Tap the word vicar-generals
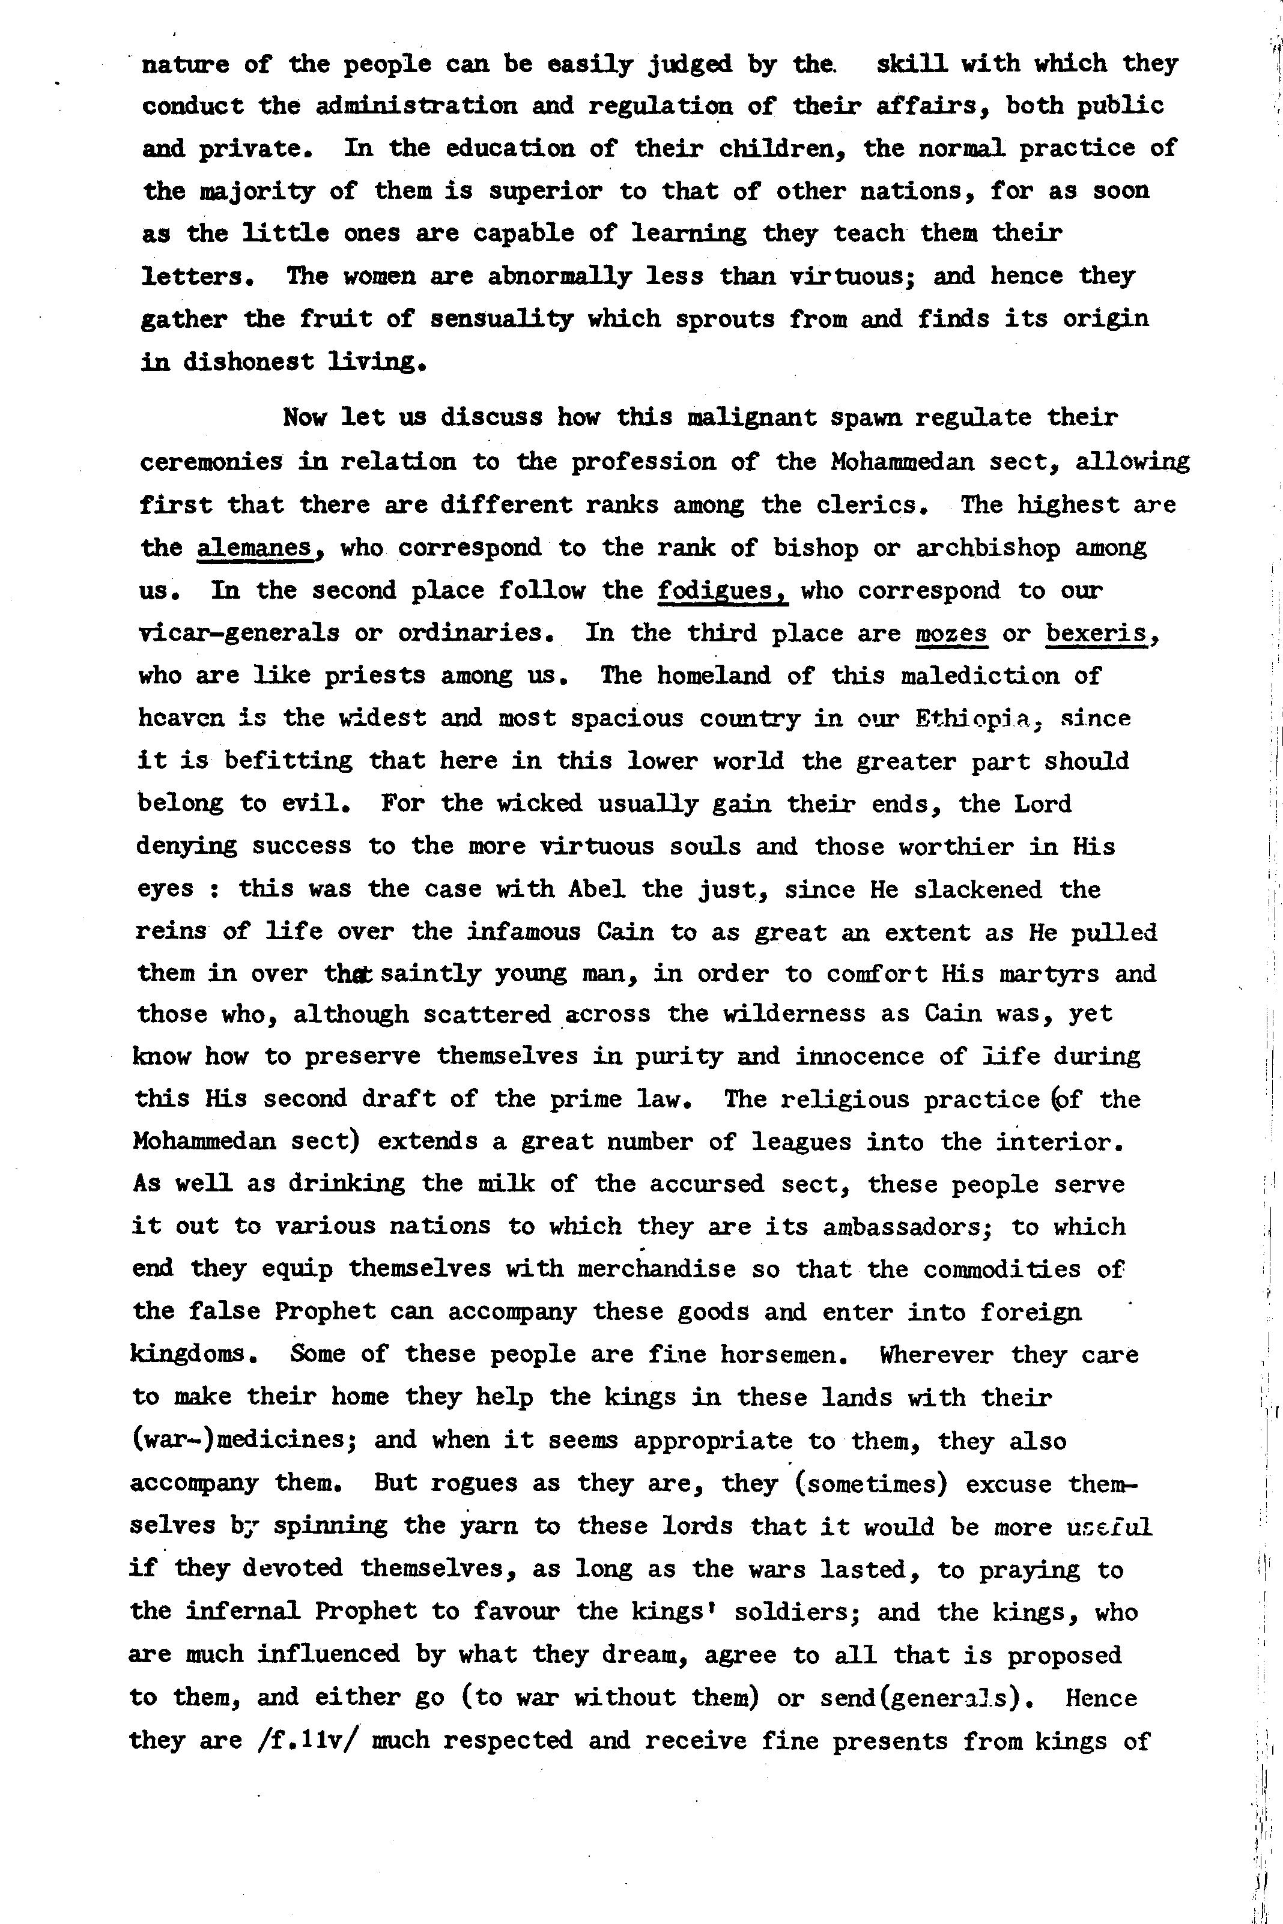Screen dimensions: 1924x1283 [238, 633]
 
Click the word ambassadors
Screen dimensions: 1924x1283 [906, 1226]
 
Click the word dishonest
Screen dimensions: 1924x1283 [248, 361]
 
